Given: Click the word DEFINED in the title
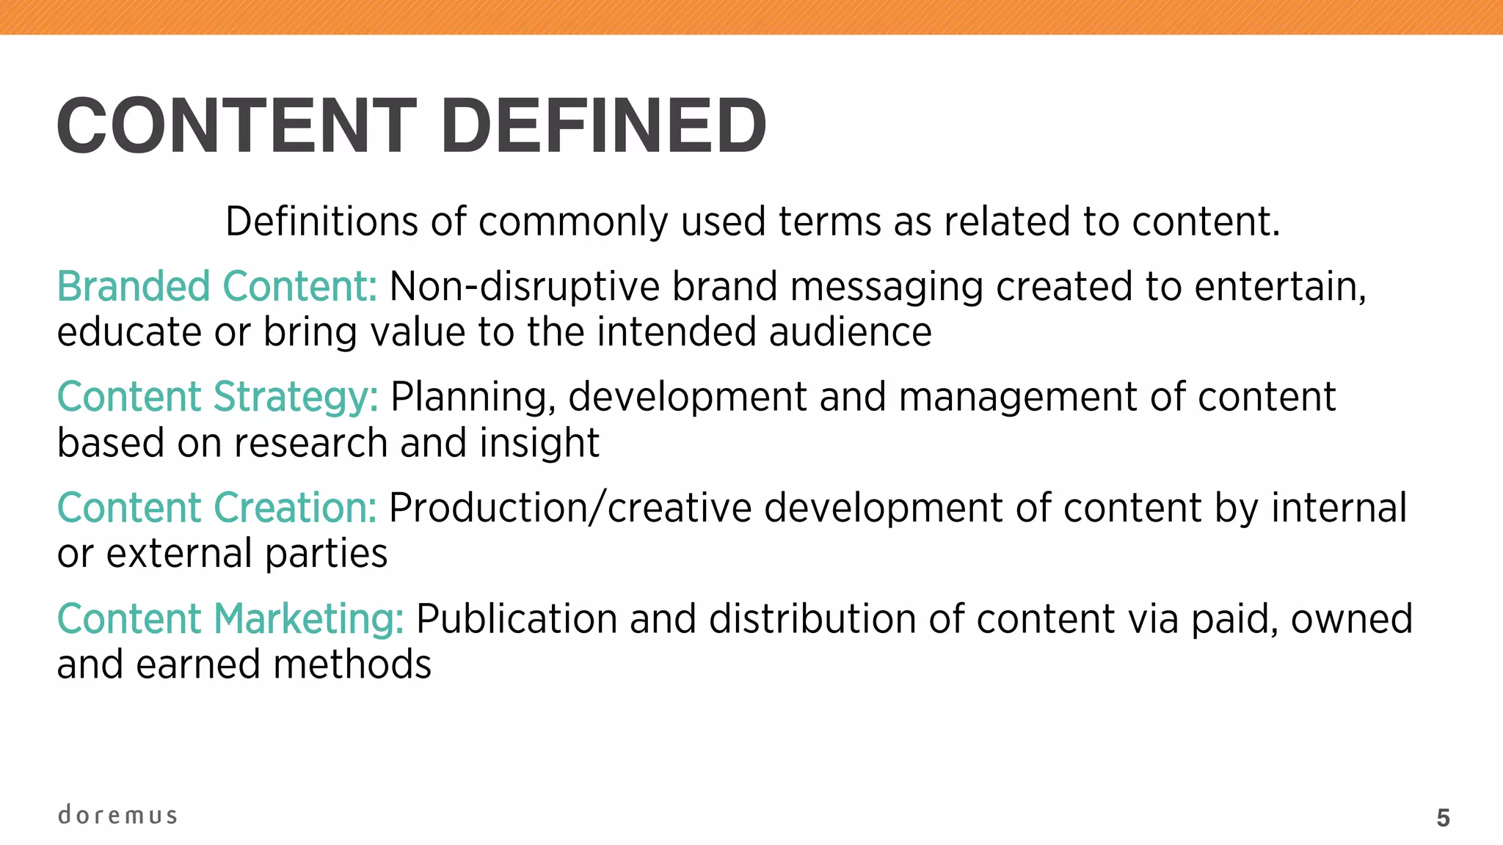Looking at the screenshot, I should point(603,126).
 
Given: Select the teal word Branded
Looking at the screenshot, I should point(134,286).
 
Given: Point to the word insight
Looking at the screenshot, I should point(539,443).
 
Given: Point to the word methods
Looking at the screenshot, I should point(352,665).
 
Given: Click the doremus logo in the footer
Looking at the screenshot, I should point(117,815).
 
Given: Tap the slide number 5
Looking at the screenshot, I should point(1443,818).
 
